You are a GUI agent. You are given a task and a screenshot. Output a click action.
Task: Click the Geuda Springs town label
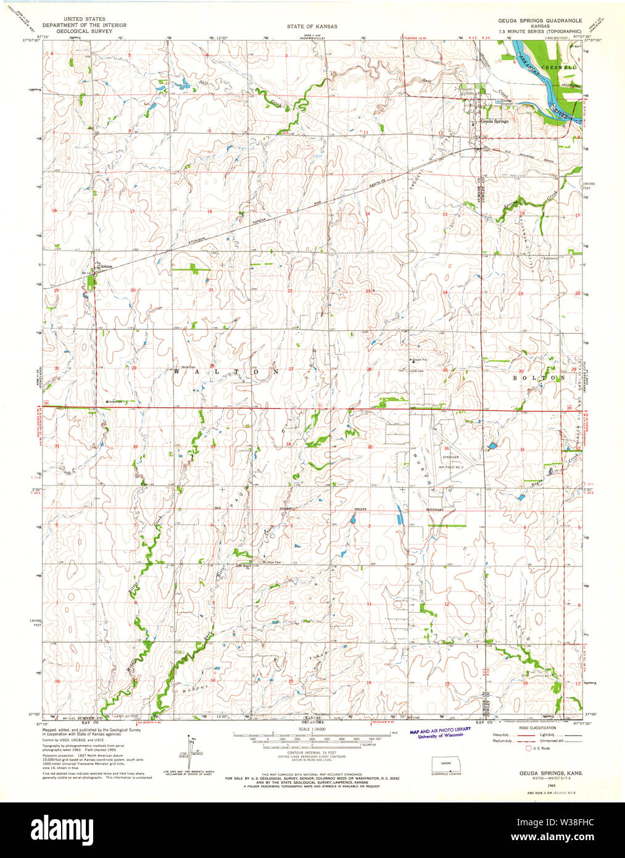pyautogui.click(x=494, y=122)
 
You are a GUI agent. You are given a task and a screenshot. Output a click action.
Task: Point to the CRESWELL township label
pyautogui.click(x=558, y=67)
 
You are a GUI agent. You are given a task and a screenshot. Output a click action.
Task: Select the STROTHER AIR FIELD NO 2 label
pyautogui.click(x=450, y=462)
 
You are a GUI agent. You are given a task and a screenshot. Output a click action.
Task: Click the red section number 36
pyautogui.click(x=446, y=448)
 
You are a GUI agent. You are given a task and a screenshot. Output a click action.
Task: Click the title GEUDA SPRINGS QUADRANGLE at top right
pyautogui.click(x=540, y=20)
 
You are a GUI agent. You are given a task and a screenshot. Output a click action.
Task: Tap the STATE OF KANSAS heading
pyautogui.click(x=312, y=27)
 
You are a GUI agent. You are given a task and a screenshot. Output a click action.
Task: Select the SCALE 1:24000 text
pyautogui.click(x=312, y=729)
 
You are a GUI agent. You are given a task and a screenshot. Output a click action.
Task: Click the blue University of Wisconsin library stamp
pyautogui.click(x=440, y=732)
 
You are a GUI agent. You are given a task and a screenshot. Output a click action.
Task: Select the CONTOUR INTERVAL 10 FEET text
pyautogui.click(x=312, y=753)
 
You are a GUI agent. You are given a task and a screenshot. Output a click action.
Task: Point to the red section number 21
pyautogui.click(x=210, y=290)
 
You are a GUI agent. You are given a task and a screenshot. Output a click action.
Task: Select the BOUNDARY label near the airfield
pyautogui.click(x=435, y=510)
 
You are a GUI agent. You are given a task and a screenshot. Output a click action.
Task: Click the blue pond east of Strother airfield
pyautogui.click(x=492, y=445)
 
